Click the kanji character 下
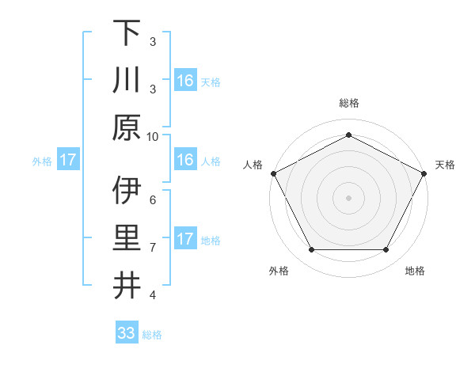127,32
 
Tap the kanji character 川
127,80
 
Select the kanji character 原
127,127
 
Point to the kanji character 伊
127,191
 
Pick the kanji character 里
127,238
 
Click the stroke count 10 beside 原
153,136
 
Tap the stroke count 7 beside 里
153,247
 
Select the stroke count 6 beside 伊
153,199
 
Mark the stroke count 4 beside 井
153,294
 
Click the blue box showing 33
127,333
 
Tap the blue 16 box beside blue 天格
185,80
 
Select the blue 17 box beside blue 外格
67,160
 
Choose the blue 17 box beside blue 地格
185,239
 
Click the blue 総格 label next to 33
153,335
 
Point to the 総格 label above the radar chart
348,103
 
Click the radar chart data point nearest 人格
274,173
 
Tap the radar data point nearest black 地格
386,250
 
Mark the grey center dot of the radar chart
348,197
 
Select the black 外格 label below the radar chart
279,271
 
